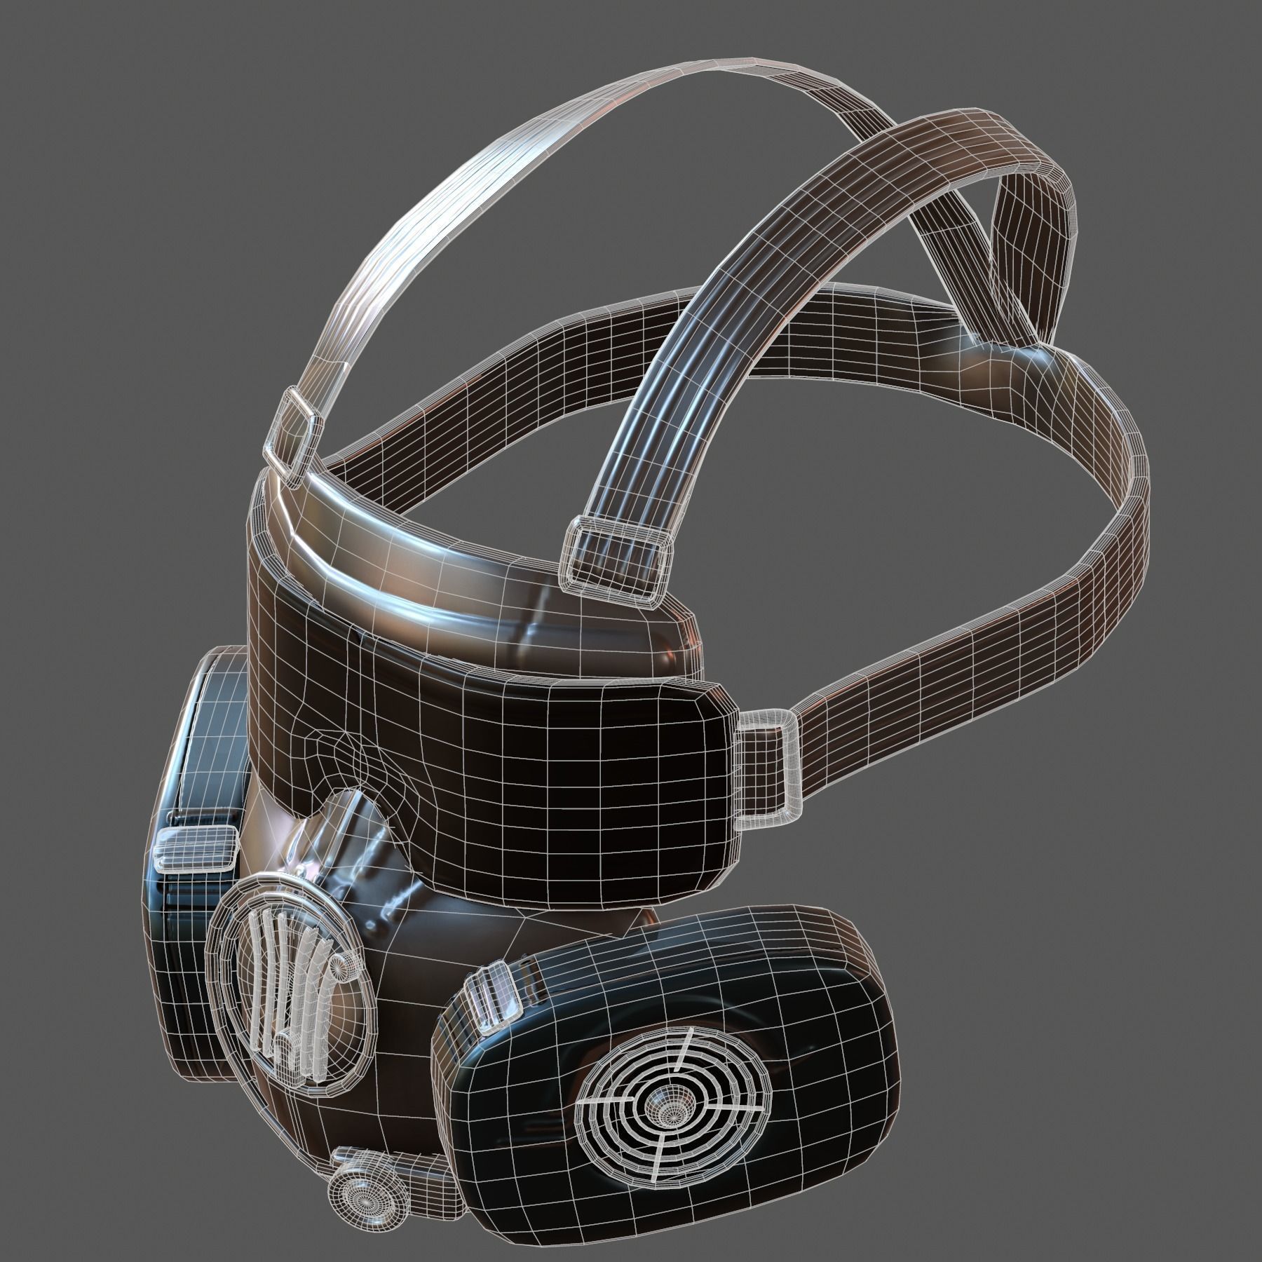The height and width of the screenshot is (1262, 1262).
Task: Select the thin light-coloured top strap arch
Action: click(x=449, y=175)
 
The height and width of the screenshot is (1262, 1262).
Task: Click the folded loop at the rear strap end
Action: click(x=1031, y=231)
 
